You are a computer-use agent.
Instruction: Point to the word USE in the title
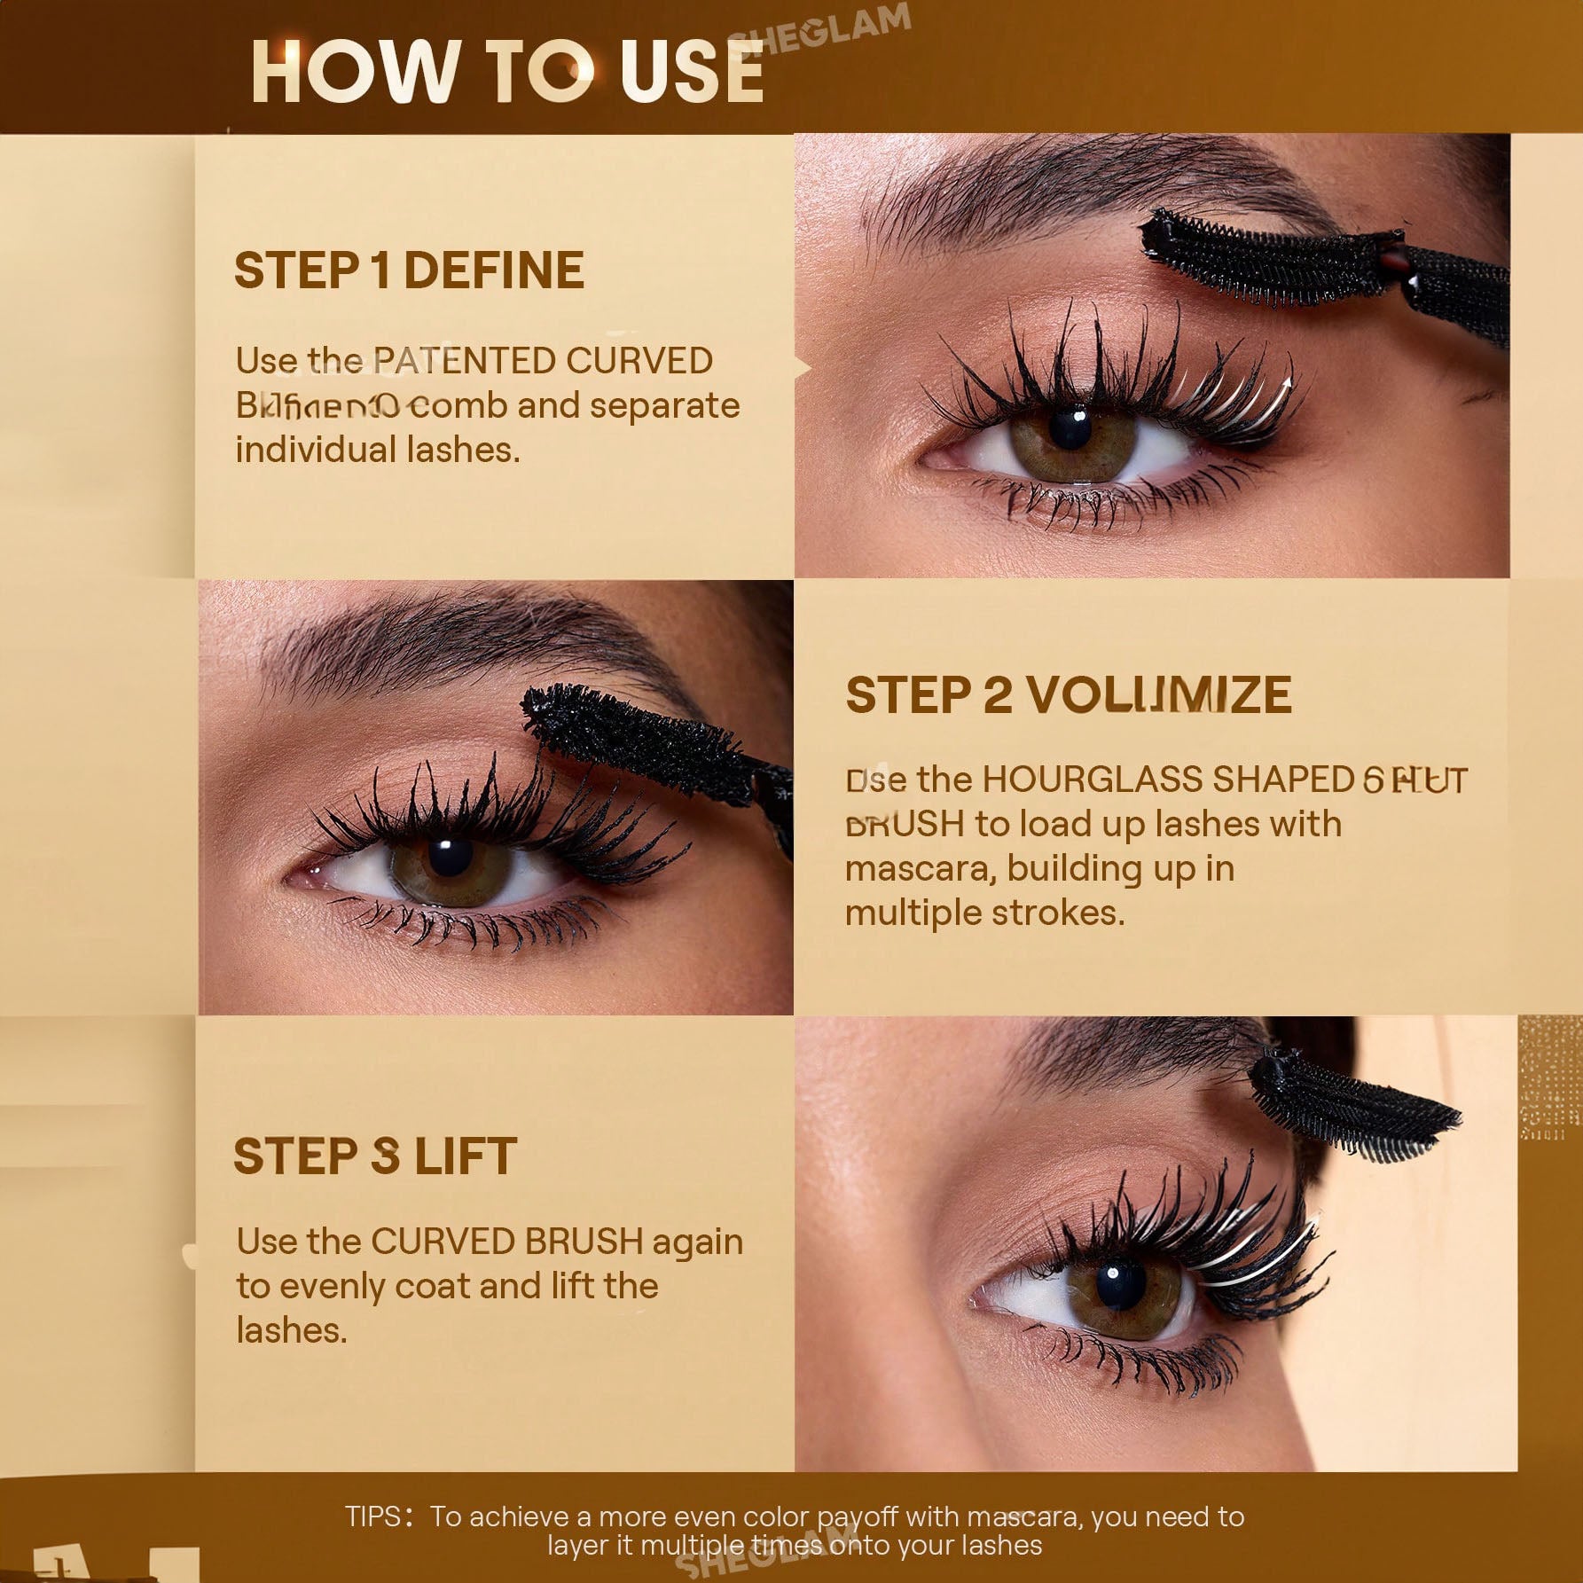692,71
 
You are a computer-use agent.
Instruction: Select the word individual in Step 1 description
317,450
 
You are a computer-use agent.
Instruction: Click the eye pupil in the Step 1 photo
1070,426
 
